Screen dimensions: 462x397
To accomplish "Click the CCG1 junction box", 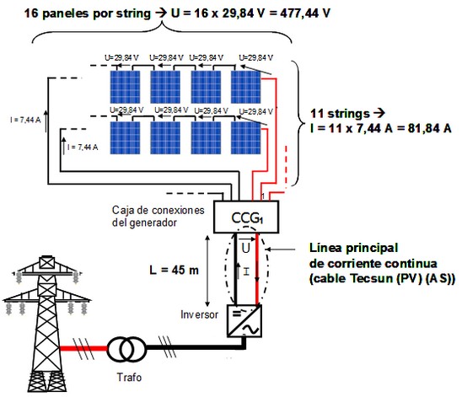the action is pos(246,217).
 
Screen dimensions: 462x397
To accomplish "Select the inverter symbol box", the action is pos(244,321).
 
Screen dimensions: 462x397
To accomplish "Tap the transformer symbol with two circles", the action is pos(126,349).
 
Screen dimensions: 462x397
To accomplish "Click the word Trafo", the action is pos(129,378).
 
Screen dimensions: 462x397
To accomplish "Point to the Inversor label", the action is pos(199,314).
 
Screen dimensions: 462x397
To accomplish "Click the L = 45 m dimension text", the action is pos(174,270).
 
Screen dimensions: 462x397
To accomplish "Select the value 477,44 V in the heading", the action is pos(305,13).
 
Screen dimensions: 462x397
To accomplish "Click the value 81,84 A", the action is pos(430,128).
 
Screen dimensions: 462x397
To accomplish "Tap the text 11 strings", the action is pos(340,114).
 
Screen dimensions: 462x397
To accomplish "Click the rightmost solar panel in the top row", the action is pos(245,87).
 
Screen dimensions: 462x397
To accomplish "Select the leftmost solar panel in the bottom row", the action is pos(125,138).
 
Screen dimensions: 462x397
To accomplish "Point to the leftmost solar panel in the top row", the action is pos(125,87).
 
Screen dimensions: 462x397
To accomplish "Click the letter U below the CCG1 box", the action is pos(245,248).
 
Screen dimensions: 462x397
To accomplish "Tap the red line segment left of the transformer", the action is pos(83,348).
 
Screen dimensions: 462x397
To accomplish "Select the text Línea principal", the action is pos(353,248).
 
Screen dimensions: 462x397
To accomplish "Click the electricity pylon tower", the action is pos(47,324).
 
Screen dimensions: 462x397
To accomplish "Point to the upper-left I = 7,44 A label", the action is pos(25,120).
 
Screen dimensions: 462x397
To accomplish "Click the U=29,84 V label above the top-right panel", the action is pos(255,58).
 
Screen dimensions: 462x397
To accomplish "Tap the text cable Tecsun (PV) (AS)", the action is pos(382,279).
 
